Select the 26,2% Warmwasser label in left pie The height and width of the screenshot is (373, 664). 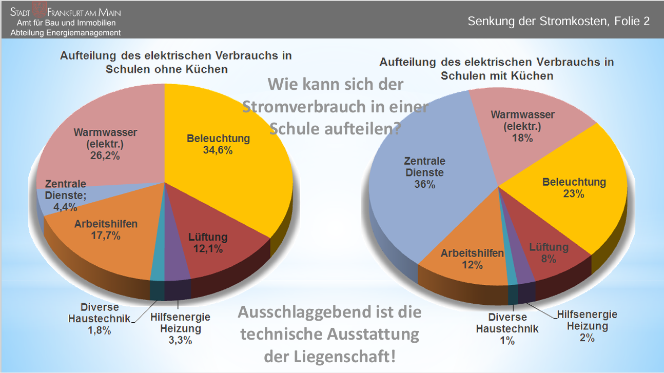coord(105,144)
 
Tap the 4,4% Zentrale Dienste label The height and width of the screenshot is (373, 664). coord(65,195)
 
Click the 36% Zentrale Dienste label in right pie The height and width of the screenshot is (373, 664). coord(424,172)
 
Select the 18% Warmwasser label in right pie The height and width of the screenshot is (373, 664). coord(522,126)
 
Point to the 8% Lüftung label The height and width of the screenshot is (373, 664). coord(549,253)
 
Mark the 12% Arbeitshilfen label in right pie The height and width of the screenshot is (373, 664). coord(472,259)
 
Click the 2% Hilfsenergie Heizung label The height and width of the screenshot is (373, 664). coord(587,326)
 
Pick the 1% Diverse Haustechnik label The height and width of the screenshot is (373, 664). coord(507,329)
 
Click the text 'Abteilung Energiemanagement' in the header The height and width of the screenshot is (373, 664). coord(66,32)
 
